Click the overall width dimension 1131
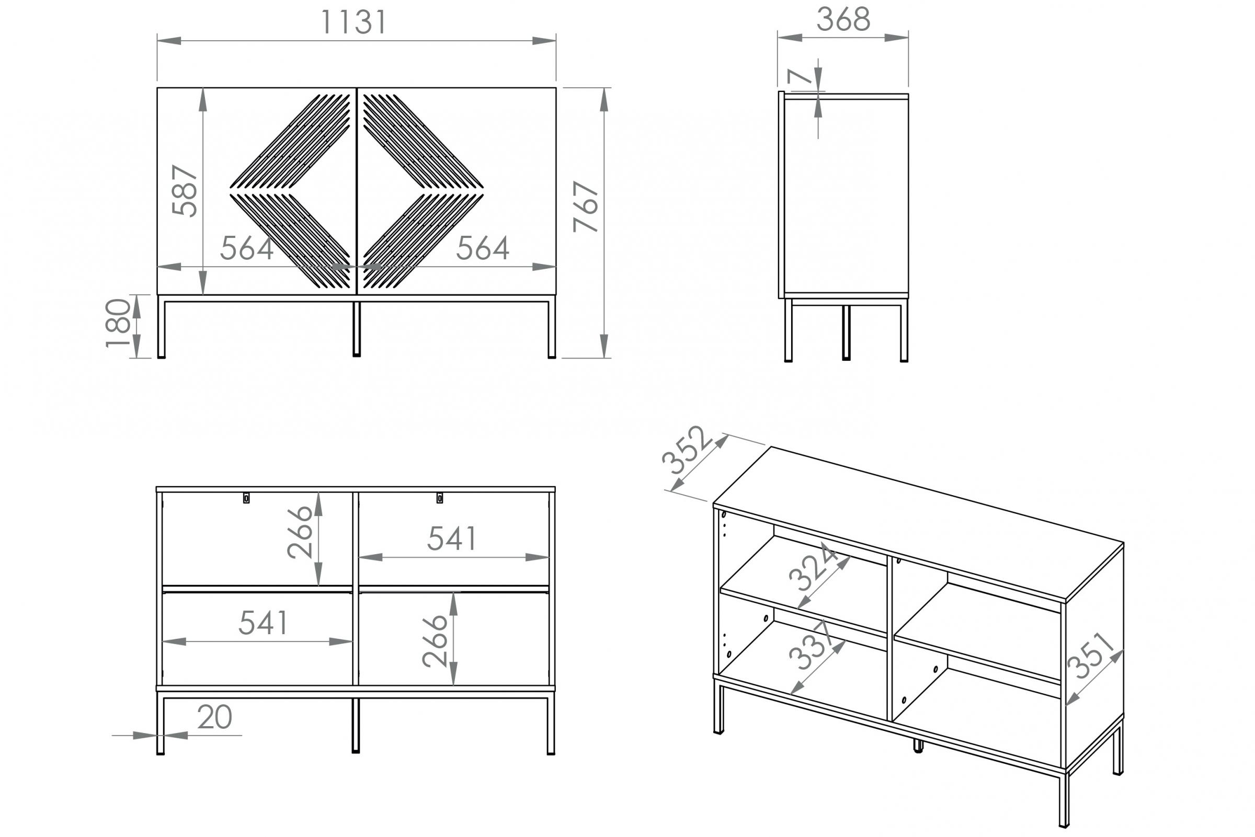[353, 22]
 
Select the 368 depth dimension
[843, 20]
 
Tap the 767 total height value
[586, 207]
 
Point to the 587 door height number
[185, 191]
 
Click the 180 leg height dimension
[118, 324]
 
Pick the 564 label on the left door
[247, 248]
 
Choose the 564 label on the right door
[483, 248]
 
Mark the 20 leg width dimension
[214, 717]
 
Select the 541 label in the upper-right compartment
[452, 538]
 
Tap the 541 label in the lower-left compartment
[263, 623]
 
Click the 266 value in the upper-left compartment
[300, 533]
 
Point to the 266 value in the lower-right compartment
[435, 641]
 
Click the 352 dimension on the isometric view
[687, 450]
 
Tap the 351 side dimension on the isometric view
[1091, 656]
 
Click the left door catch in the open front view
[246, 498]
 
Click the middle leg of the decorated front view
[357, 328]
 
